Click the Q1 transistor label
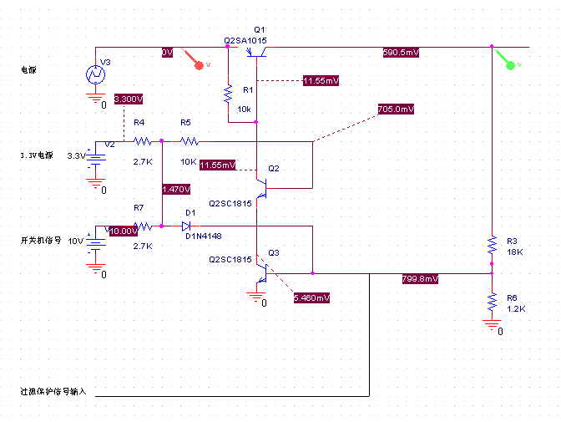coord(259,29)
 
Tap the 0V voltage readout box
coord(167,52)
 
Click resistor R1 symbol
coord(226,94)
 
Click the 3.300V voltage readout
coord(129,99)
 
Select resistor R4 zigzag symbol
coord(139,141)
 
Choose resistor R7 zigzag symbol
coord(142,226)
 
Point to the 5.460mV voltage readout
coord(311,297)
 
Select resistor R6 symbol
coord(492,302)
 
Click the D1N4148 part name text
coord(203,236)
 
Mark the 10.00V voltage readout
coord(123,231)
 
